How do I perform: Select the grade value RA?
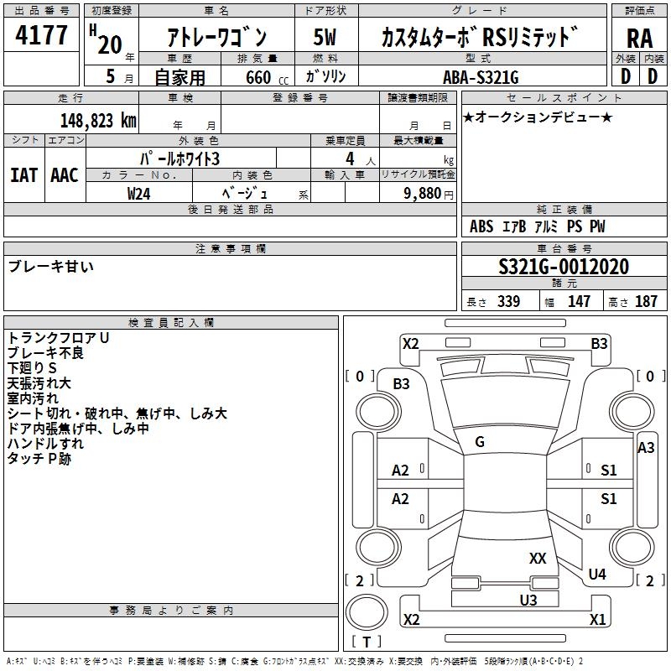pyautogui.click(x=639, y=39)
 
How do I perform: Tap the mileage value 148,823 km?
pyautogui.click(x=98, y=120)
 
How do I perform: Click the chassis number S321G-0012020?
pyautogui.click(x=564, y=268)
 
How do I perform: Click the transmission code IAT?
pyautogui.click(x=23, y=175)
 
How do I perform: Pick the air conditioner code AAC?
pyautogui.click(x=65, y=175)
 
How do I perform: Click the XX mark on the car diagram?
pyautogui.click(x=538, y=558)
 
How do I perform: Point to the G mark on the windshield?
pyautogui.click(x=480, y=442)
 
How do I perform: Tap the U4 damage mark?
pyautogui.click(x=597, y=575)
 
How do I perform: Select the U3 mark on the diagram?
pyautogui.click(x=528, y=600)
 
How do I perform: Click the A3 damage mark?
pyautogui.click(x=646, y=448)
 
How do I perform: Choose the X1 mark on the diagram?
pyautogui.click(x=597, y=620)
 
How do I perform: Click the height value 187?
pyautogui.click(x=646, y=302)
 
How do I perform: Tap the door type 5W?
pyautogui.click(x=325, y=38)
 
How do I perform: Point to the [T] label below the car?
pyautogui.click(x=367, y=642)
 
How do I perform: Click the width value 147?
pyautogui.click(x=579, y=302)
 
